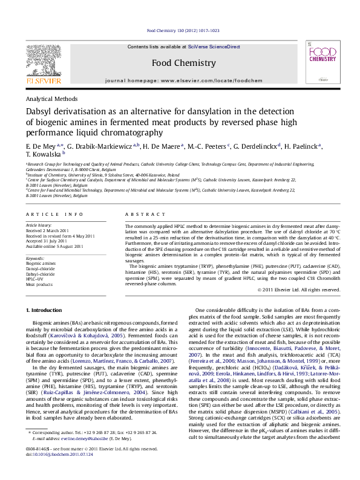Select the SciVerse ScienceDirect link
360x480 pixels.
click(214, 47)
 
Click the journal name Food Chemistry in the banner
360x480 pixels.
click(179, 63)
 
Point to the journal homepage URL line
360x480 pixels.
click(179, 80)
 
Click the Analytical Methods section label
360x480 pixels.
click(51, 99)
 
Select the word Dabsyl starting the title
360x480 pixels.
click(40, 112)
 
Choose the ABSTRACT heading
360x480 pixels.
click(140, 215)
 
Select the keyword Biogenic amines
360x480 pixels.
click(41, 264)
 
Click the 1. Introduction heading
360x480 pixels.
click(45, 310)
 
